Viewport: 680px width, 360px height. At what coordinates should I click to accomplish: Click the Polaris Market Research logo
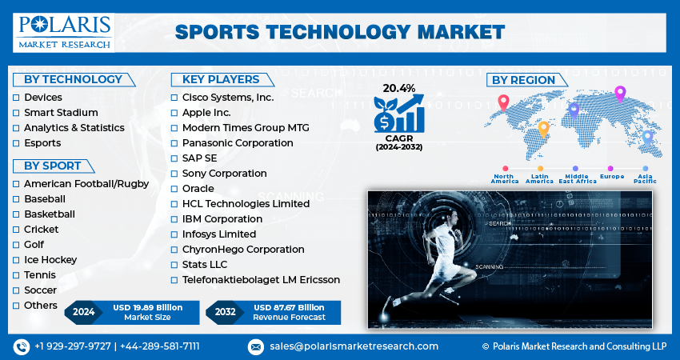point(62,31)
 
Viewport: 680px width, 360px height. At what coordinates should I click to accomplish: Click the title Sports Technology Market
point(339,31)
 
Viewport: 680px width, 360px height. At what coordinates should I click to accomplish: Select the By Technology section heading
point(73,79)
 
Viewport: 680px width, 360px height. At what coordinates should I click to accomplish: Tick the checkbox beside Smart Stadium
point(16,113)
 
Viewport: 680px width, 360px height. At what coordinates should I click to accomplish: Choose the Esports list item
point(42,143)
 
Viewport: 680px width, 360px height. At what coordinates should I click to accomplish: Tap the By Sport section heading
point(52,166)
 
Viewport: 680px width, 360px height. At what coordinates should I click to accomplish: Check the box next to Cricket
point(16,230)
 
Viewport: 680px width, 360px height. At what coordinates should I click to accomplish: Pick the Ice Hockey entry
point(50,260)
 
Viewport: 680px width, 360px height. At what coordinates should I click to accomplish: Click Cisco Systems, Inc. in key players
point(227,98)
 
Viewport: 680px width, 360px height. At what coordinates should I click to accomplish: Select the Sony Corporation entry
point(224,174)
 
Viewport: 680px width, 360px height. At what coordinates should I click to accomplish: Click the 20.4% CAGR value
point(398,87)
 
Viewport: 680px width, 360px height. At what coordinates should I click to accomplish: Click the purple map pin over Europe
point(619,94)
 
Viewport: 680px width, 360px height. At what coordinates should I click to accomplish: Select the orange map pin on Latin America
point(543,128)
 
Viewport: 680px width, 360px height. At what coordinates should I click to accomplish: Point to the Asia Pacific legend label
point(645,178)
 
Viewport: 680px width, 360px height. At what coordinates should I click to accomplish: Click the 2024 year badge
point(83,312)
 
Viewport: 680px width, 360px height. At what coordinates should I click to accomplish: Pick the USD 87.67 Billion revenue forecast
point(289,307)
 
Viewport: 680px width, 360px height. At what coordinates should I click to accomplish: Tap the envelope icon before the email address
point(255,346)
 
